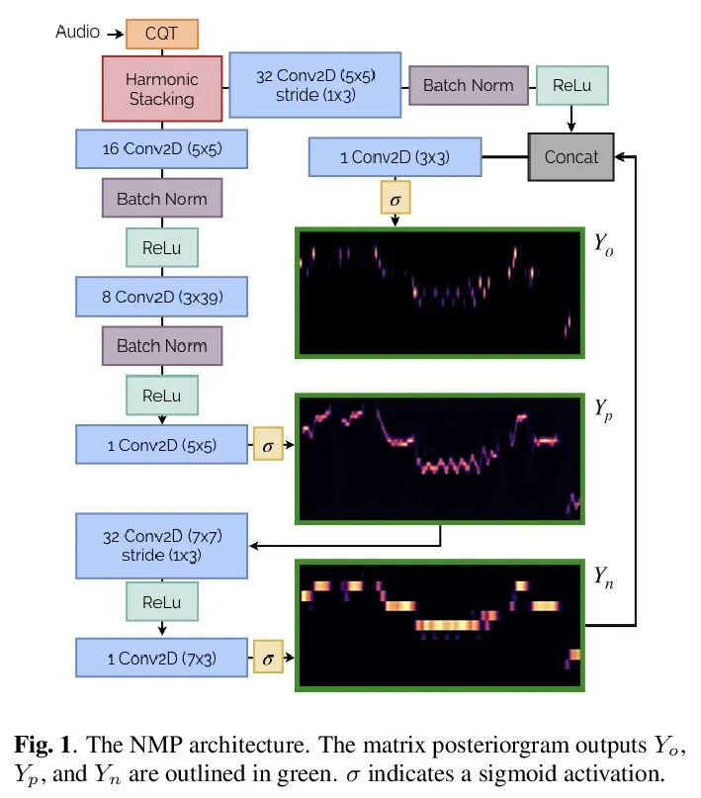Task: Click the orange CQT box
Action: click(x=162, y=34)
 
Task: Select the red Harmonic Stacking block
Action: click(x=161, y=88)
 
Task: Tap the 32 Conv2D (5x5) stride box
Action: click(x=315, y=85)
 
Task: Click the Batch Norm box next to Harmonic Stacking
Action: click(x=469, y=85)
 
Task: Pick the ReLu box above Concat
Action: click(x=571, y=85)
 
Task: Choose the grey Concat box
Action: click(x=571, y=156)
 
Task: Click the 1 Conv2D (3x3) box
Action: click(x=395, y=156)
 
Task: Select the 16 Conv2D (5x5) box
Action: click(x=161, y=149)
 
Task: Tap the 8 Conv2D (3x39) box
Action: click(x=161, y=296)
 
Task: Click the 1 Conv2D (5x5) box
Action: click(x=161, y=445)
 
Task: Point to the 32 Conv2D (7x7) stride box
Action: click(x=161, y=546)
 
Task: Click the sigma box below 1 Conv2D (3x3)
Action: click(x=395, y=199)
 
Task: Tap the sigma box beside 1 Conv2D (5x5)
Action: click(x=268, y=445)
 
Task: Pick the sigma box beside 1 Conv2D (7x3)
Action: click(x=268, y=658)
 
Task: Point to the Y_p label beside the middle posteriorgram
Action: click(x=604, y=409)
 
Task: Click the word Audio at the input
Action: click(x=77, y=32)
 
